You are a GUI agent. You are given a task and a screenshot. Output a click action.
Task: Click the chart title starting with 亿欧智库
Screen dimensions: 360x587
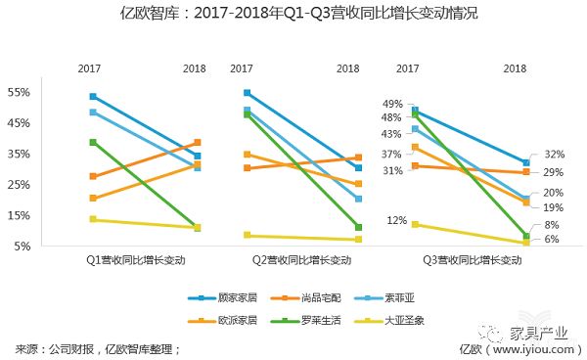coord(293,15)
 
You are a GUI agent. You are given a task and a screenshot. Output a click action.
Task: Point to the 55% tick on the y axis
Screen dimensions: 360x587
coord(21,92)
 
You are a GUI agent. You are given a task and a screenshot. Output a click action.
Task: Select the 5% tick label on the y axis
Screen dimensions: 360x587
coord(23,247)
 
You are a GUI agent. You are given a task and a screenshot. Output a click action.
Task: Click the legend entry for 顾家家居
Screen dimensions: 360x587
coord(235,297)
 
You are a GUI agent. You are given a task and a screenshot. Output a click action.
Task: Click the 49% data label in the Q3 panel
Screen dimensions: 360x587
coord(393,104)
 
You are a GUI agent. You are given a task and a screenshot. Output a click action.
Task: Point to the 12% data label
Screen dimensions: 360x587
coord(395,220)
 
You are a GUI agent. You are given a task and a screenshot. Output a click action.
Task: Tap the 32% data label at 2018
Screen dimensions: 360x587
coord(555,155)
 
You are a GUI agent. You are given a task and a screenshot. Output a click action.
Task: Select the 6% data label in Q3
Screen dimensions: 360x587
coord(552,240)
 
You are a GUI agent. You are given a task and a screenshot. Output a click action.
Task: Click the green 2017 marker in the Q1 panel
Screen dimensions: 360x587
coord(93,142)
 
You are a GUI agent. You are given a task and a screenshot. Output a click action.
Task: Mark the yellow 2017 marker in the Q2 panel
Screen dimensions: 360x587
coord(247,235)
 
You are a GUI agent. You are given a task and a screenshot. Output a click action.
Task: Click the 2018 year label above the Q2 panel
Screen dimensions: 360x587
coord(347,68)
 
